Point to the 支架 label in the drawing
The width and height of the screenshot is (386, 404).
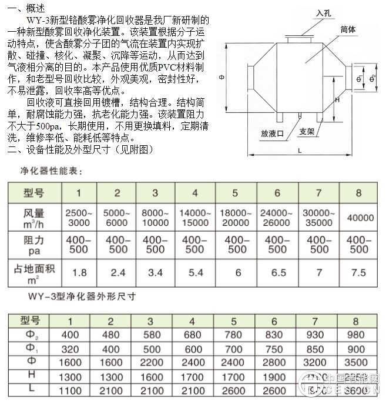(x=307, y=132)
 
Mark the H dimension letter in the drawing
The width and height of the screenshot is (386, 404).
(x=337, y=101)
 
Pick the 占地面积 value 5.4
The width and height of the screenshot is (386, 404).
(x=195, y=273)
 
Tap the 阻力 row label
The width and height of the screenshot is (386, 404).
(x=33, y=245)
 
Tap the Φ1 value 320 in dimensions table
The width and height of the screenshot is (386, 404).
(x=71, y=348)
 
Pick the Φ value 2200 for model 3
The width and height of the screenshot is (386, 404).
(x=150, y=362)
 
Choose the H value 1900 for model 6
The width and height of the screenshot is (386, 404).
(x=274, y=375)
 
